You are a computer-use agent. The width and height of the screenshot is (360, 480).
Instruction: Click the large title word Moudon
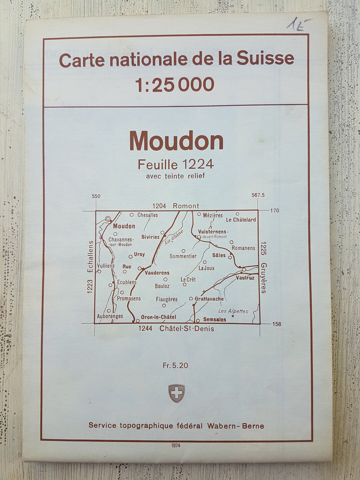click(176, 142)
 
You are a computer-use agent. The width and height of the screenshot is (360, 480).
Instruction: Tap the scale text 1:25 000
click(175, 85)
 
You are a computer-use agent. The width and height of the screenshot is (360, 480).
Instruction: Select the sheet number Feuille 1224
click(176, 164)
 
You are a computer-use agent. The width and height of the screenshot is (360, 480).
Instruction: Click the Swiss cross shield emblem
click(176, 393)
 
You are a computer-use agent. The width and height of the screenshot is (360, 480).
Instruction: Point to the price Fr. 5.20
click(175, 365)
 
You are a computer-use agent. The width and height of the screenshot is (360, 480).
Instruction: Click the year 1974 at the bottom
click(176, 446)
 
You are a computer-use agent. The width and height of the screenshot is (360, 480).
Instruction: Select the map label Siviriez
click(150, 237)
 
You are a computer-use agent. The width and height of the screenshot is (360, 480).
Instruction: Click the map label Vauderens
click(157, 273)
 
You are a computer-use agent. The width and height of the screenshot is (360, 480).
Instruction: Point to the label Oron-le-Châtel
click(158, 317)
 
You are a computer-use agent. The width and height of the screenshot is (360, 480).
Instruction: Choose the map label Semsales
click(215, 319)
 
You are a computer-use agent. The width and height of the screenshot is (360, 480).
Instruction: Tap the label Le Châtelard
click(241, 220)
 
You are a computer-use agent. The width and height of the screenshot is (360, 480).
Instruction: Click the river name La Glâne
click(174, 237)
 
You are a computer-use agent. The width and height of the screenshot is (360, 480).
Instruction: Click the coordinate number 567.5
click(258, 195)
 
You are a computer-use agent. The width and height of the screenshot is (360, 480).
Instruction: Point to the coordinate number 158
click(276, 324)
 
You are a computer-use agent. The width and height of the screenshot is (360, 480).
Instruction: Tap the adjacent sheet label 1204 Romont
click(176, 206)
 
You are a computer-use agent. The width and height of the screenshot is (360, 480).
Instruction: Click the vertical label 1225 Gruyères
click(264, 267)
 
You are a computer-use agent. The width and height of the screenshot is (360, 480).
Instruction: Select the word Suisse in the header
click(265, 59)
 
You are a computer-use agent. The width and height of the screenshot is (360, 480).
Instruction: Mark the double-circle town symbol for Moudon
click(108, 219)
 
